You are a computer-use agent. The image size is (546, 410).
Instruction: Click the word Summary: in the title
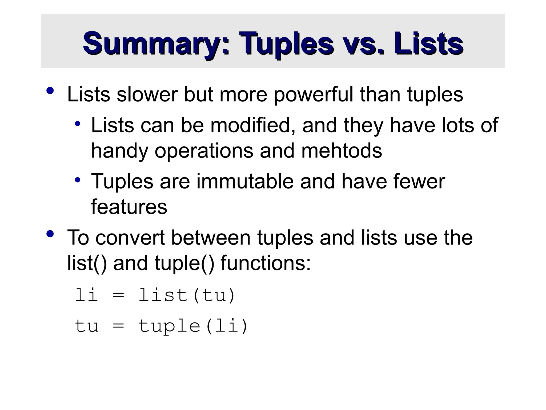156,43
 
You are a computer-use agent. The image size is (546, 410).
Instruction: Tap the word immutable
245,182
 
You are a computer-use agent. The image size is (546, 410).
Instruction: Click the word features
129,207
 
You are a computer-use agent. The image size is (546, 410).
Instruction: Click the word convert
130,238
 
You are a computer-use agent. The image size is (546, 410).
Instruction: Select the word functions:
266,263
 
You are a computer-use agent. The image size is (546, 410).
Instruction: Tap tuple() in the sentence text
184,263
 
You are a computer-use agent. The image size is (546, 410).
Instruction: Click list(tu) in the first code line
187,295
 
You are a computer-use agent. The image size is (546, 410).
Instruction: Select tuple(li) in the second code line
193,326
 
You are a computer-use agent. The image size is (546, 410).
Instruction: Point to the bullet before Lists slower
50,91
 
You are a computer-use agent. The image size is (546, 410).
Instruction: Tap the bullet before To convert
50,234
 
